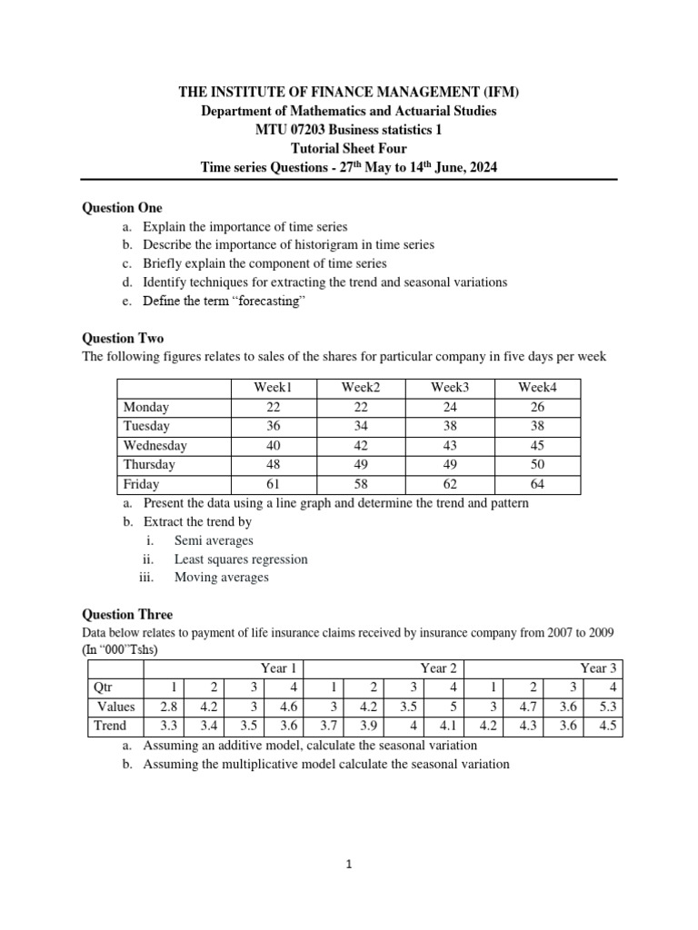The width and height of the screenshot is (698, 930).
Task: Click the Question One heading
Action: [123, 208]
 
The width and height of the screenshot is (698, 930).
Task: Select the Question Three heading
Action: [127, 615]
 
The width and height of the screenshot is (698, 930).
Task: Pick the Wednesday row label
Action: [155, 446]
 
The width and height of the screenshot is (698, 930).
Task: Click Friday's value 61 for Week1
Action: [274, 484]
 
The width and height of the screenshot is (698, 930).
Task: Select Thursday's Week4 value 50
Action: [536, 465]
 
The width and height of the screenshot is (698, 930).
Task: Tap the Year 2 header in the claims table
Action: [439, 668]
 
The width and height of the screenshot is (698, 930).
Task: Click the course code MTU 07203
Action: [298, 130]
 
